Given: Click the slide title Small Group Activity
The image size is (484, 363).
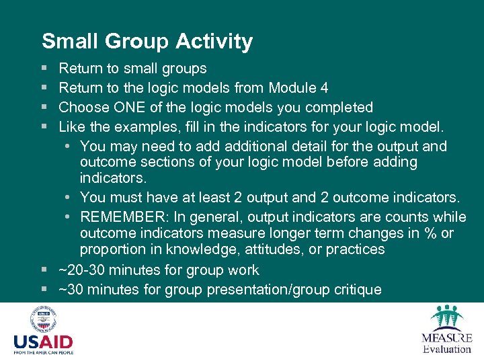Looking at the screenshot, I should pyautogui.click(x=147, y=42).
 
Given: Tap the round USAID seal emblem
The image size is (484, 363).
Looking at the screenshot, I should pyautogui.click(x=42, y=319).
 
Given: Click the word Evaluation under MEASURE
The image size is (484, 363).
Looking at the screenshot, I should pyautogui.click(x=447, y=349).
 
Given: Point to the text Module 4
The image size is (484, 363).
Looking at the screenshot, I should pyautogui.click(x=298, y=88).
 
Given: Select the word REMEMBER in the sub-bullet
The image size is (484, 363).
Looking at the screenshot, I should pyautogui.click(x=123, y=217).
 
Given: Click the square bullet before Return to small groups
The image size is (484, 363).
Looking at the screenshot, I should pyautogui.click(x=44, y=69).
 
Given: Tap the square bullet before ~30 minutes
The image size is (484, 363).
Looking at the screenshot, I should pyautogui.click(x=44, y=290).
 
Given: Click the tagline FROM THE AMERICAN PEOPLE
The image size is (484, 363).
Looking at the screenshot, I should pyautogui.click(x=43, y=352).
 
